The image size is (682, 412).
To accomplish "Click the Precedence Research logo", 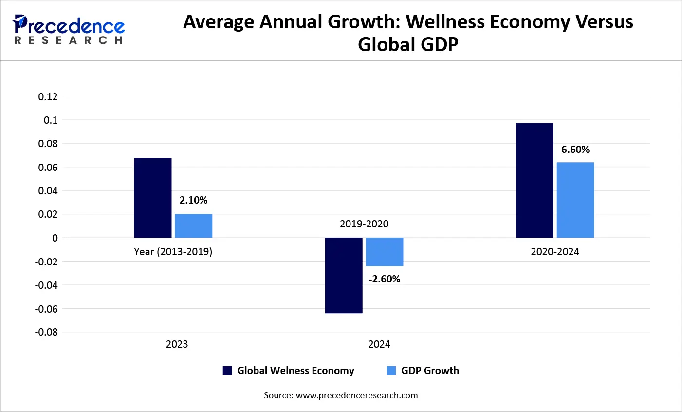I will pos(68,29).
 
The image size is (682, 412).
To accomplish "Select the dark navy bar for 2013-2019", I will pos(153,198).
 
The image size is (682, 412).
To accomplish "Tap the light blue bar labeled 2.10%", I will pos(194,226).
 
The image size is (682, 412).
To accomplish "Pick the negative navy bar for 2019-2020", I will pos(344,275).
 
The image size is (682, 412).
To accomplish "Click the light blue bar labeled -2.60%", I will pos(385,252).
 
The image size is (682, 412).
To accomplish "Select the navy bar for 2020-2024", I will pos(535,180).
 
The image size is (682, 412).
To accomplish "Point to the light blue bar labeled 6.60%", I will pos(575,200).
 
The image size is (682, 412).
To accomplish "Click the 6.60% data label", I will pos(575,150).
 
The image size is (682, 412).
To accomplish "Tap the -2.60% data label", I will pos(385,279).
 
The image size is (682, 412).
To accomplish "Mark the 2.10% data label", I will pos(194,200).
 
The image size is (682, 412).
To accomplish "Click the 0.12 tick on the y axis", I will pos(48,97).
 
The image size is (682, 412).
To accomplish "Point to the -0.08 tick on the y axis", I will pos(46,332).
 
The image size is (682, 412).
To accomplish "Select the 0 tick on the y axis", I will pos(55,238).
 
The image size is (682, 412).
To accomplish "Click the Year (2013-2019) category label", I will pos(173,252).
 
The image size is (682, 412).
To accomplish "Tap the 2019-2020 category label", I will pos(364,224).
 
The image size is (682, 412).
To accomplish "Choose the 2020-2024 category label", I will pos(555,252).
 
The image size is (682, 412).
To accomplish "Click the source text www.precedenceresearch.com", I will pos(357,395).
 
